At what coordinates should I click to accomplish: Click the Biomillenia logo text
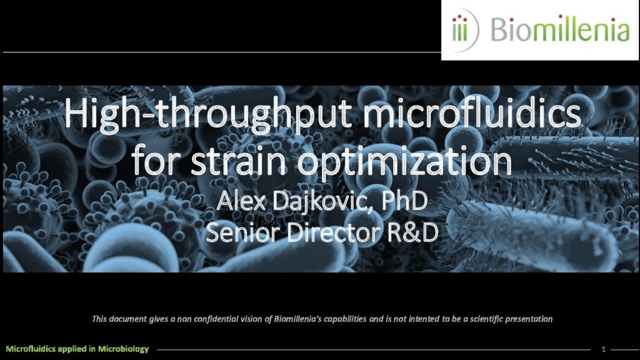pyautogui.click(x=559, y=29)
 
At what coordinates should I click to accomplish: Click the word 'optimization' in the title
pyautogui.click(x=404, y=163)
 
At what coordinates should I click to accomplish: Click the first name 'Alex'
pyautogui.click(x=241, y=201)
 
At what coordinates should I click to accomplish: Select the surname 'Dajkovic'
pyautogui.click(x=322, y=202)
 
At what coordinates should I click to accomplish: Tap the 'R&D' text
pyautogui.click(x=412, y=232)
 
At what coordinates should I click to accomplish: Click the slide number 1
pyautogui.click(x=603, y=349)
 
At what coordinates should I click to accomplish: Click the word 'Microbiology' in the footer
pyautogui.click(x=123, y=349)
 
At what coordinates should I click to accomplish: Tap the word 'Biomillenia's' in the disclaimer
pyautogui.click(x=297, y=319)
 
